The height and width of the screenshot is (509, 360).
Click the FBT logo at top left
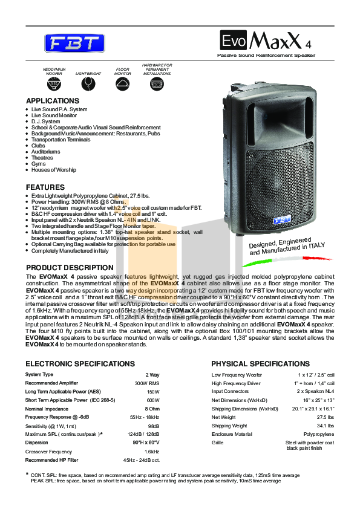(74, 44)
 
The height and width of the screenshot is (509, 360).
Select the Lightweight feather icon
(88, 83)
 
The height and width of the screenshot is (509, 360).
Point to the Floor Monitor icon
(123, 83)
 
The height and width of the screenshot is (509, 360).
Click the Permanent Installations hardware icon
(157, 84)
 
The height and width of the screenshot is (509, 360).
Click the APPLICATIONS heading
(52, 100)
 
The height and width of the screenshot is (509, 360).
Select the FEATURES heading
(45, 187)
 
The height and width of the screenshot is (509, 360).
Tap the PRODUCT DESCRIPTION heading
(69, 267)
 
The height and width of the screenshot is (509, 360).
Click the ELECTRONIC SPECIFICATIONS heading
(76, 364)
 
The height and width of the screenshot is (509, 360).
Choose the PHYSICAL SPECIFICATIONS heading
(260, 364)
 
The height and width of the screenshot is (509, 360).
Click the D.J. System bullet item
(46, 122)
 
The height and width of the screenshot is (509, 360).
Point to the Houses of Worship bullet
(54, 170)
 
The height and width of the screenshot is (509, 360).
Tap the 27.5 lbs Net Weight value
(326, 417)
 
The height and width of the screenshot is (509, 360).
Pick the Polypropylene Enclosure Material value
(318, 434)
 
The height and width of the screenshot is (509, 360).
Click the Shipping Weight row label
(227, 426)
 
